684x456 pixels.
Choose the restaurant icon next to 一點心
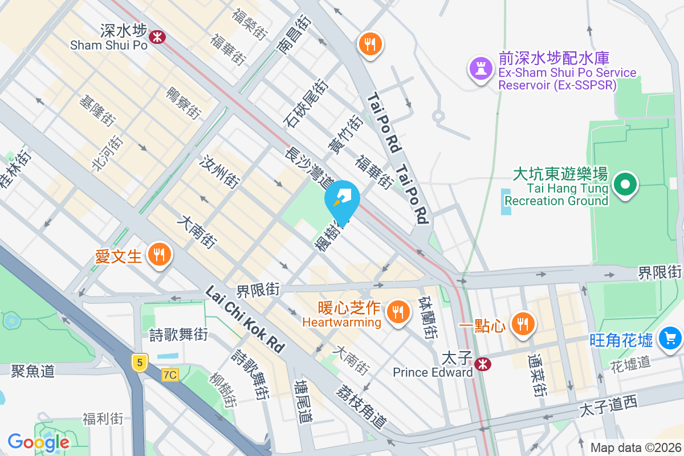pos(522,324)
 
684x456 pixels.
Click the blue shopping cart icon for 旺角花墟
pos(670,339)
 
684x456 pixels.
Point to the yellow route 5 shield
pos(139,361)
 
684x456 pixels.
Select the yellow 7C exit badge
pos(170,374)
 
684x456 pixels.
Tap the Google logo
pos(38,442)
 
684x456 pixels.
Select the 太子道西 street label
pos(608,406)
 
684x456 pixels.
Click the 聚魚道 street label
pos(32,371)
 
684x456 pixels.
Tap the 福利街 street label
pos(103,419)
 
